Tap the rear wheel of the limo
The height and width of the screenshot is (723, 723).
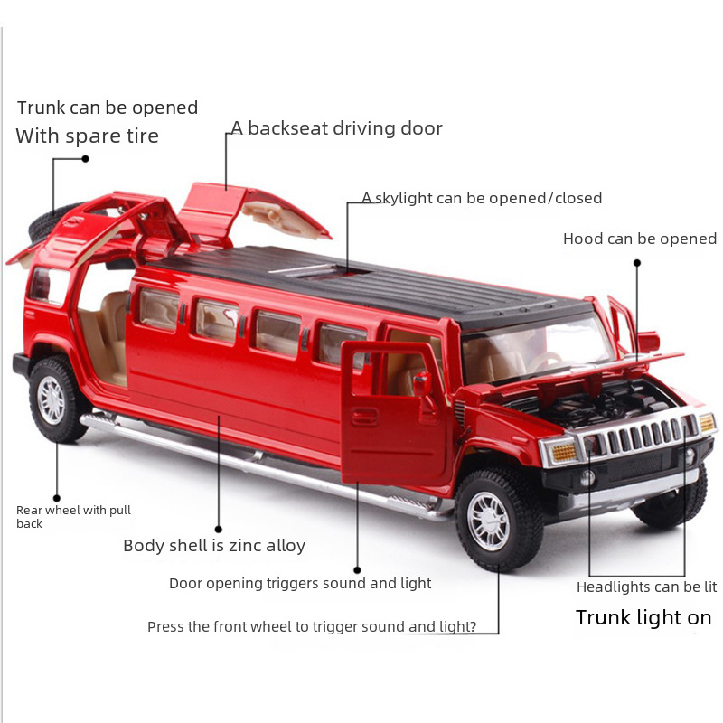pyautogui.click(x=56, y=399)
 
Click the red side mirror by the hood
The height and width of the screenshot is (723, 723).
pyautogui.click(x=647, y=343)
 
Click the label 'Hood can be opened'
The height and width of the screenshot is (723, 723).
pyautogui.click(x=639, y=239)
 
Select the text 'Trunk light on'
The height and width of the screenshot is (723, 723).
pyautogui.click(x=643, y=618)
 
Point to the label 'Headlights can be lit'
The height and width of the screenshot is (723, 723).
pyautogui.click(x=646, y=587)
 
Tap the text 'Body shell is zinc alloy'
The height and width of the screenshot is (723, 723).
pyautogui.click(x=214, y=546)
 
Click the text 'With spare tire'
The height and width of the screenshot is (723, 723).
pyautogui.click(x=87, y=136)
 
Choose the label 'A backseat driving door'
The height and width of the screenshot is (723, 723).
pyautogui.click(x=336, y=128)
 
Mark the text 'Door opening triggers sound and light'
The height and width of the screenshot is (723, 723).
pyautogui.click(x=300, y=584)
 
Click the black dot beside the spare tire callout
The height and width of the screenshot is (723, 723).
pyautogui.click(x=86, y=158)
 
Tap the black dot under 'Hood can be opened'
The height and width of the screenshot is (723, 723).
pyautogui.click(x=636, y=263)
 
